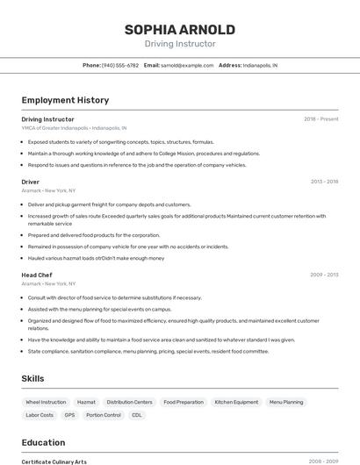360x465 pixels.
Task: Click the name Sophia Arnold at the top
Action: [179, 29]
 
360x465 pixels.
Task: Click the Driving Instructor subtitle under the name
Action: [179, 44]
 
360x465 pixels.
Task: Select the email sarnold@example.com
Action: [185, 65]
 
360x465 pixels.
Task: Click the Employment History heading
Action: [65, 100]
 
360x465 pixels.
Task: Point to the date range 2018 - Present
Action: [320, 119]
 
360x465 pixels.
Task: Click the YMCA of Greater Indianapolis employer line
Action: [74, 127]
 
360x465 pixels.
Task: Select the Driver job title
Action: [31, 182]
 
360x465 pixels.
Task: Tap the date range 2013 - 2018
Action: [324, 182]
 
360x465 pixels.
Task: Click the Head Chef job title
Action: [37, 275]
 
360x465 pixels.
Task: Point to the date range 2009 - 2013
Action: [324, 275]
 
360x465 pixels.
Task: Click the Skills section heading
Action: [33, 378]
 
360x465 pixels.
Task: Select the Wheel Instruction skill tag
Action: [47, 402]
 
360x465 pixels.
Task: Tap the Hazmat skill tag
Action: [86, 402]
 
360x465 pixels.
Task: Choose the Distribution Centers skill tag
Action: [129, 402]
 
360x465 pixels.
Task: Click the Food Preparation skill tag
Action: [184, 402]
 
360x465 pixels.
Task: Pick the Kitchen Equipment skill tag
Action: [236, 402]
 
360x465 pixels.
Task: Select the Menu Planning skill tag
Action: [286, 402]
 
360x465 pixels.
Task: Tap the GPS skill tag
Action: [69, 415]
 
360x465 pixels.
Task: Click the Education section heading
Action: [43, 442]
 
